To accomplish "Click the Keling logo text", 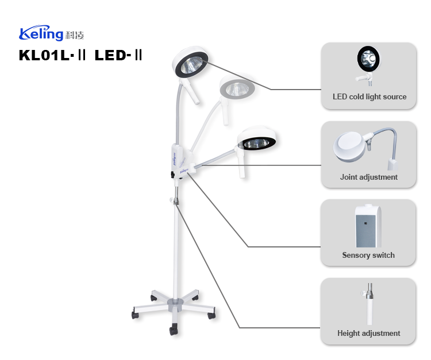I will (x=41, y=34).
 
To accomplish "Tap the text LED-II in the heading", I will (x=118, y=56).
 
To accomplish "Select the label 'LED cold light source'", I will (x=369, y=96).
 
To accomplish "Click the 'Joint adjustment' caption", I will (x=368, y=177).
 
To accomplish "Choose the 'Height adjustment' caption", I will (x=368, y=333).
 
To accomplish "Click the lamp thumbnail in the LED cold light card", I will (x=368, y=61).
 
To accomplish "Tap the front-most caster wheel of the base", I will (x=173, y=330).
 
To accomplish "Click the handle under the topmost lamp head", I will (x=195, y=94).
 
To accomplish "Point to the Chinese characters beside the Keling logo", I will (x=75, y=35).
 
